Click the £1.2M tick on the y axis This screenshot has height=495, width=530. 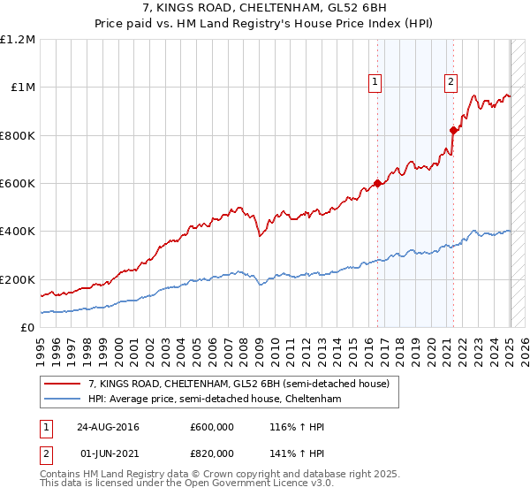click(x=18, y=39)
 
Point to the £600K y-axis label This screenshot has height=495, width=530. click(x=18, y=183)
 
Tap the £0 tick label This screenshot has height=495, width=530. click(x=26, y=327)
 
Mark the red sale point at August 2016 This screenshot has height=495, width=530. click(x=377, y=183)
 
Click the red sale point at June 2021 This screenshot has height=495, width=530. click(x=453, y=130)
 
